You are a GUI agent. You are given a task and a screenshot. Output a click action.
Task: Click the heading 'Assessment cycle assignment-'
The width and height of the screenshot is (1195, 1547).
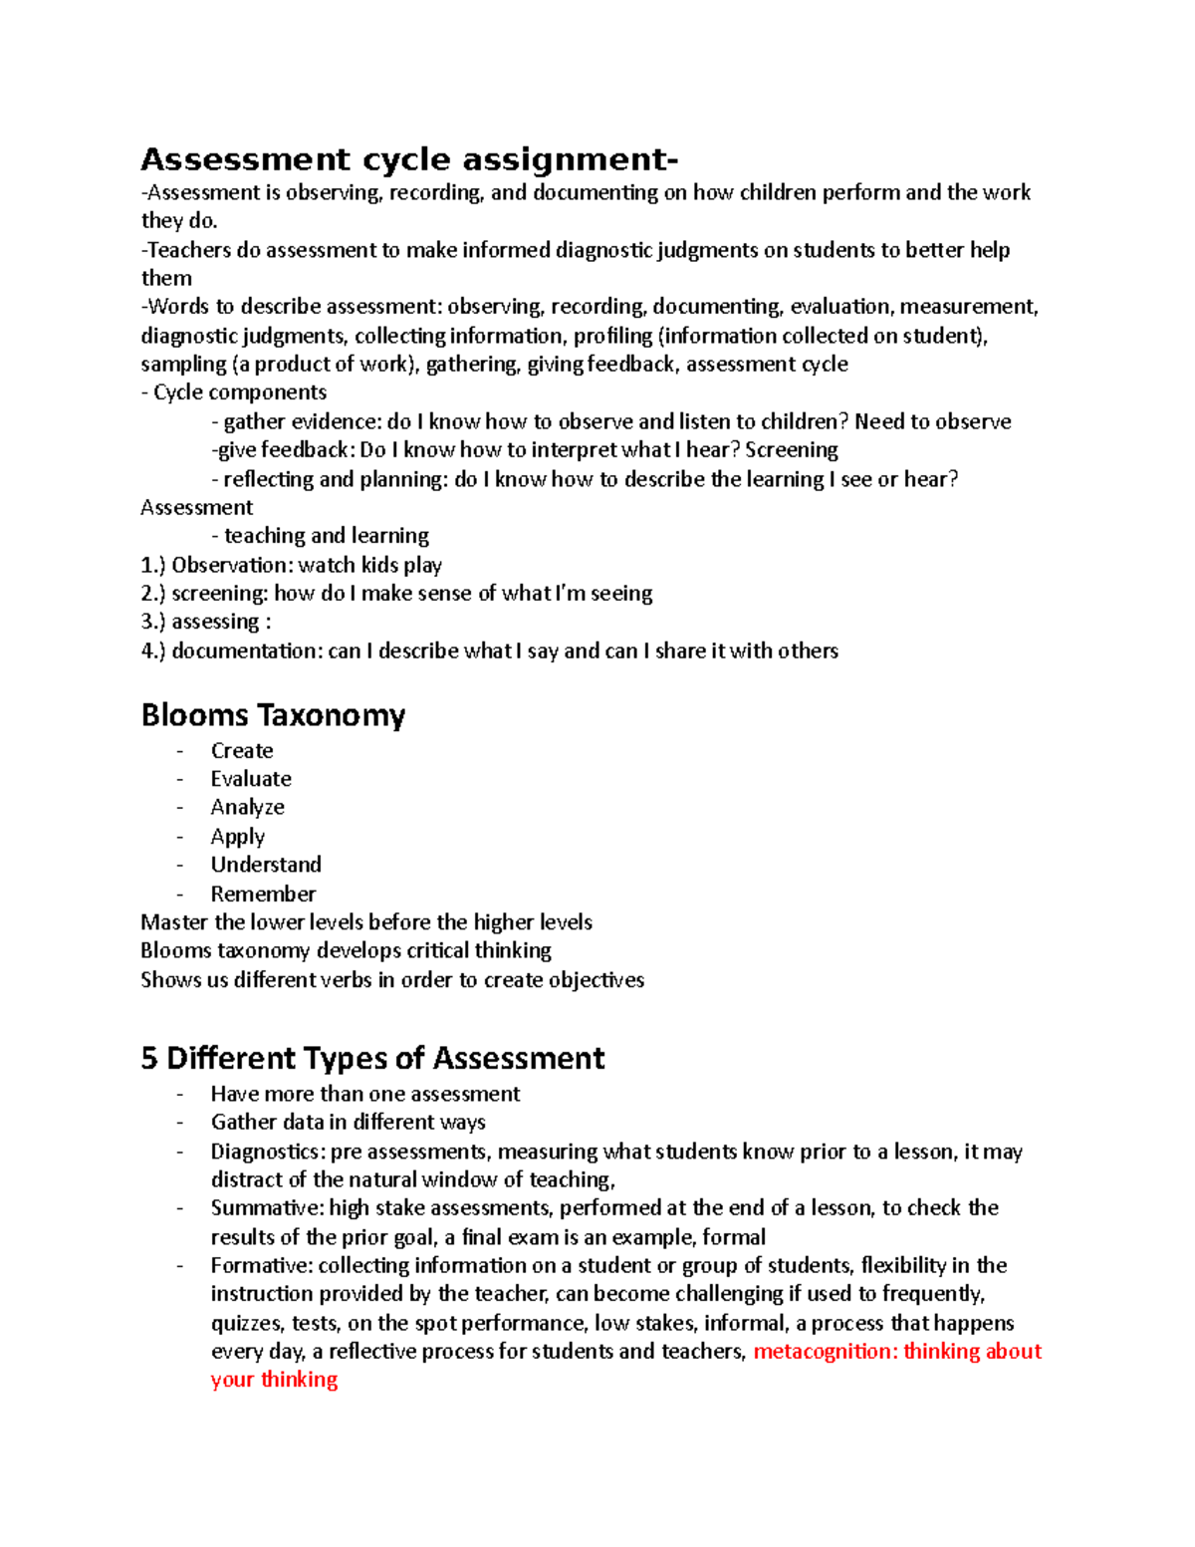pos(409,159)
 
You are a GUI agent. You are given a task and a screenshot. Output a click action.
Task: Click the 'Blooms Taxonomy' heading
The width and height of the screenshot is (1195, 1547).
pos(273,715)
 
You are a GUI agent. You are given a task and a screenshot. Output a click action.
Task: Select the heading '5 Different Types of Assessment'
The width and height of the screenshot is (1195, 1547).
pos(372,1058)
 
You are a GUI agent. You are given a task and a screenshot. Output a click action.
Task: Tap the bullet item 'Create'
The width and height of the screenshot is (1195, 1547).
pos(242,751)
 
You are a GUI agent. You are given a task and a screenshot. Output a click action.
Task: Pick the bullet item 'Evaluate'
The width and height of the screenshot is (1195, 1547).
pos(251,779)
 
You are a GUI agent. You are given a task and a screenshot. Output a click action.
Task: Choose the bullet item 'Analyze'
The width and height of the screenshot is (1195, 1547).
pos(247,807)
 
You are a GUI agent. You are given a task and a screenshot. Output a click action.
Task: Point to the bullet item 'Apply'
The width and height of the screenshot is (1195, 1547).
pos(237,837)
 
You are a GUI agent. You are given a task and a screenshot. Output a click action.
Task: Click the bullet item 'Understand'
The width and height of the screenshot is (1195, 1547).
pos(266,865)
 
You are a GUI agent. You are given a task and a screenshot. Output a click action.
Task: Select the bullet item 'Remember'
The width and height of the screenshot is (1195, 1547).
pos(263,894)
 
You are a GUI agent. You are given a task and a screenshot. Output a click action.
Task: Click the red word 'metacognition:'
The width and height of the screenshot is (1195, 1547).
pos(825,1352)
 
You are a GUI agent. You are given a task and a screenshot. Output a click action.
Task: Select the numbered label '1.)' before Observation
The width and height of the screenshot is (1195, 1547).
pos(152,566)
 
